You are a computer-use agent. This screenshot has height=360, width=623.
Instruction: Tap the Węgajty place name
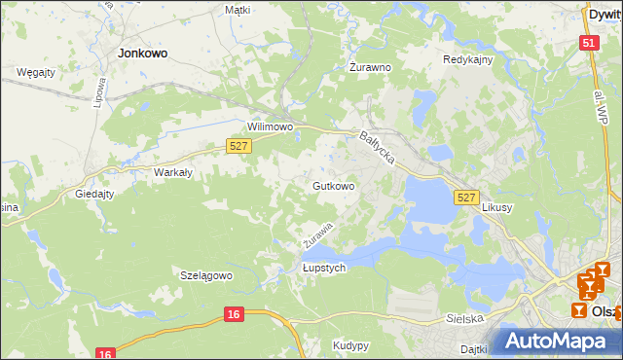click(x=36, y=72)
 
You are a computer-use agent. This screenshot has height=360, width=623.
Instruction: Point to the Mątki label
click(x=238, y=10)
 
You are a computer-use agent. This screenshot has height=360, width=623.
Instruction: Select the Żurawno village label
click(x=370, y=68)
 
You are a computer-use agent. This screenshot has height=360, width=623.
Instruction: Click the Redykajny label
click(x=468, y=59)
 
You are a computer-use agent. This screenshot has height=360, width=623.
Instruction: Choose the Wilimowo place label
click(x=271, y=127)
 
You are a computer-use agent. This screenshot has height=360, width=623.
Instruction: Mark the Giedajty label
click(x=94, y=194)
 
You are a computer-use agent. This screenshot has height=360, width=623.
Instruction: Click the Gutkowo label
click(x=333, y=185)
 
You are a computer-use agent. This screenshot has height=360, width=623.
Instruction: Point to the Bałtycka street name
click(x=376, y=149)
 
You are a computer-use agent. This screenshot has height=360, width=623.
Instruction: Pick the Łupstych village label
click(x=324, y=269)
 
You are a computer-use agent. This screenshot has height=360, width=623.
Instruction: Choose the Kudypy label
click(x=350, y=345)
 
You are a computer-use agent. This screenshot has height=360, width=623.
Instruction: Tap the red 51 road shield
click(x=588, y=43)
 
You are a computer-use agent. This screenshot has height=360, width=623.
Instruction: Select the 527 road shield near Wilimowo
click(x=238, y=145)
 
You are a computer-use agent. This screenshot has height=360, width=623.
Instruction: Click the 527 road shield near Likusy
click(x=466, y=198)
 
